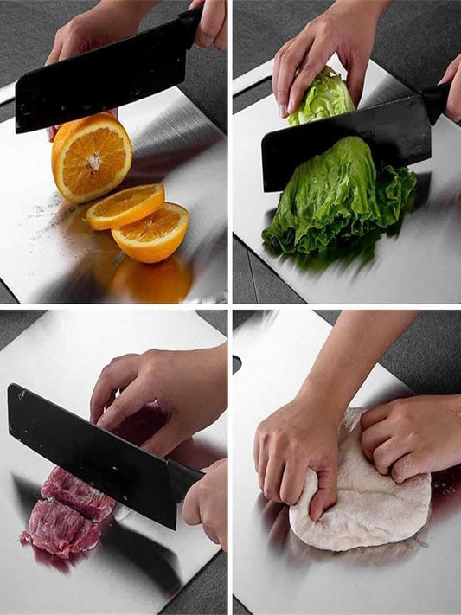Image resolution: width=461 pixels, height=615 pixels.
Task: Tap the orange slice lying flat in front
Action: pos(151,232)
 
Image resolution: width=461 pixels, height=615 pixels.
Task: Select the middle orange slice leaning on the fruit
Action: pos(125,207)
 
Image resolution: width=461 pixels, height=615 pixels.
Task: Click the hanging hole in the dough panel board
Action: pos(236,364)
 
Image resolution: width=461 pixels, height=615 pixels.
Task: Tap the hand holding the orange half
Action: pos(82,39)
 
